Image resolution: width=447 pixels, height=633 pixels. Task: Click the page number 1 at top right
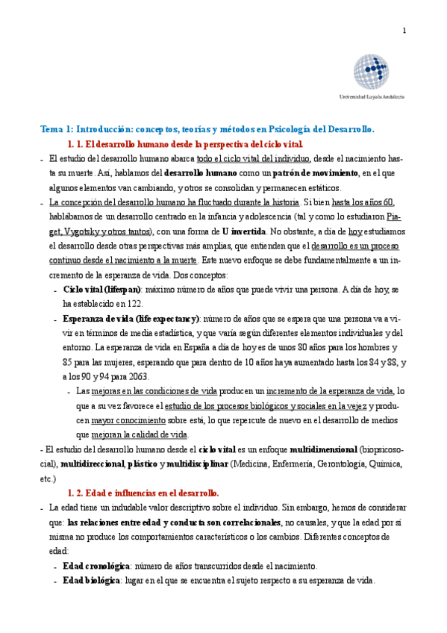coord(404,31)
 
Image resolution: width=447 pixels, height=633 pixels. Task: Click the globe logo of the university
coord(372,72)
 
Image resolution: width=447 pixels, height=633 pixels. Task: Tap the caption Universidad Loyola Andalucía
coord(372,97)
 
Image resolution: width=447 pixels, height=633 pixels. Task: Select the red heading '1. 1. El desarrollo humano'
coord(185,143)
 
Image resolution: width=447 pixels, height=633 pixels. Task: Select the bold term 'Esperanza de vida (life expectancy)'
coord(131,318)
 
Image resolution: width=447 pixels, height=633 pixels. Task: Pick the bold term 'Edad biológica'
coord(91,580)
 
